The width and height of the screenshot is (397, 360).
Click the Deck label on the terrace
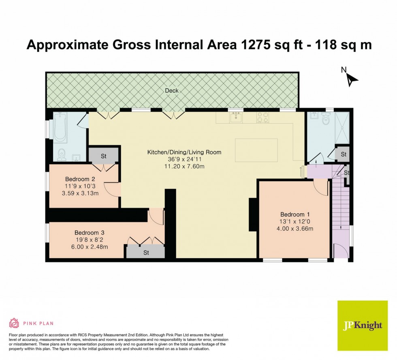click(x=172, y=91)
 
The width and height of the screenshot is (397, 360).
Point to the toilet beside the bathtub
click(x=62, y=153)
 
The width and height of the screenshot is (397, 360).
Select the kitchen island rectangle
click(x=257, y=150)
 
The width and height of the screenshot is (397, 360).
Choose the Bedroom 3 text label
click(x=90, y=232)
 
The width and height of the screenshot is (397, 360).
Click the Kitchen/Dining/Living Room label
click(x=184, y=152)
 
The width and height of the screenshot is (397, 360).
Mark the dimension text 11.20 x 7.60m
click(x=184, y=167)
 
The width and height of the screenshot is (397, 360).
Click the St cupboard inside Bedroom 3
click(x=146, y=252)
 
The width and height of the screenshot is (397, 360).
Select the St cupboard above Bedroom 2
click(x=103, y=155)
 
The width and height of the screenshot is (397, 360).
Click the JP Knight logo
click(x=362, y=326)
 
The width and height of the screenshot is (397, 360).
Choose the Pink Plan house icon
click(x=14, y=323)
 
